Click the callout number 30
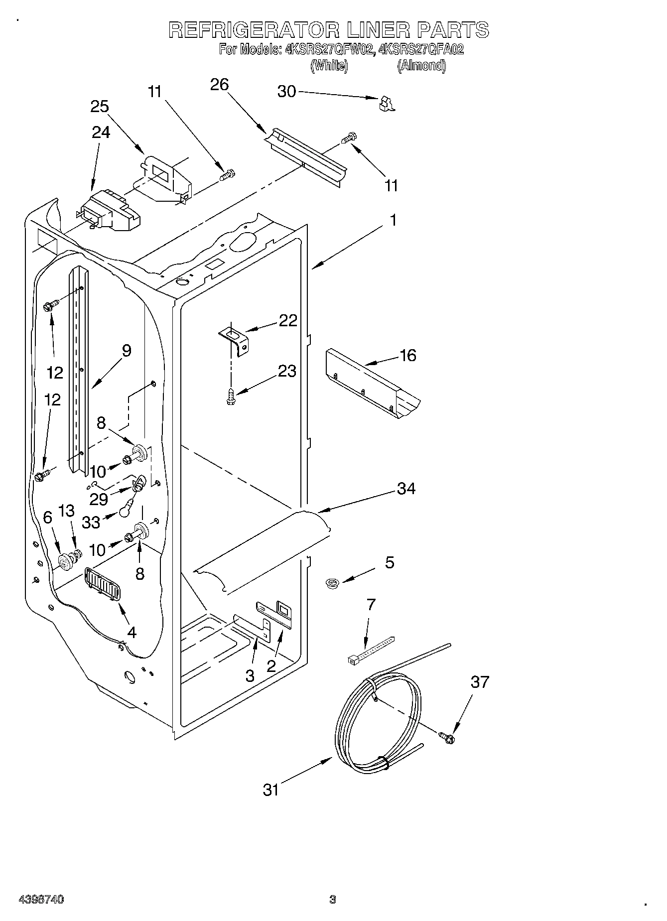point(286,92)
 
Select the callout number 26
point(219,85)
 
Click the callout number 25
point(100,107)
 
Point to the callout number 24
point(101,132)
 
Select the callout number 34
point(406,489)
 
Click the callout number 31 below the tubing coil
point(271,789)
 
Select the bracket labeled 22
point(235,340)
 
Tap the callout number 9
point(127,351)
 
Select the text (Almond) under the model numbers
point(421,66)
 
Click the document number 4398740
point(41,899)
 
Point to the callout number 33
point(91,522)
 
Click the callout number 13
point(66,511)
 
